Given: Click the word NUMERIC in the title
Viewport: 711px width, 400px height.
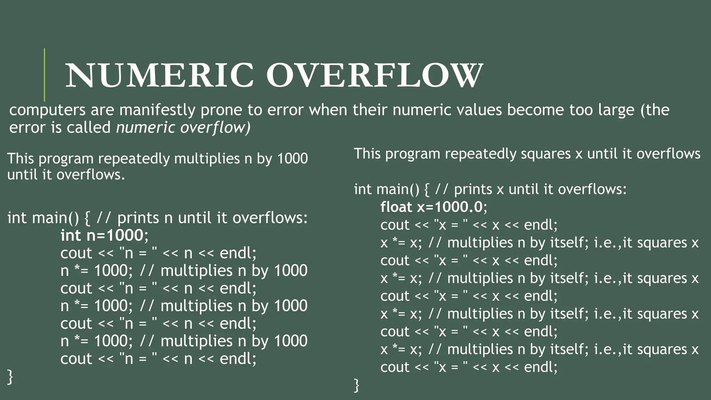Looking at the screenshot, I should coord(160,76).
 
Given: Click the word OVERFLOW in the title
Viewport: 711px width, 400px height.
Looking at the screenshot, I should coord(374,76).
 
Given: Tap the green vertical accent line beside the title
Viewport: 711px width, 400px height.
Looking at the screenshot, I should coord(44,75).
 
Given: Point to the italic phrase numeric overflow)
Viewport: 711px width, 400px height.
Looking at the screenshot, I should coord(183,127).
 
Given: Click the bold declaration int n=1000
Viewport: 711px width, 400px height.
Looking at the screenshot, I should coord(102,235).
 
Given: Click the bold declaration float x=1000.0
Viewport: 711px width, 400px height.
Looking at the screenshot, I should coord(432,207).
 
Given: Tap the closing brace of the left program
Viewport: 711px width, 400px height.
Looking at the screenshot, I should coord(10,377).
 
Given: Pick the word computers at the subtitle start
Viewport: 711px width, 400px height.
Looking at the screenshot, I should coord(47,110).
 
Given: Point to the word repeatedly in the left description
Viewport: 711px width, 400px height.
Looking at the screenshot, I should coord(134,159).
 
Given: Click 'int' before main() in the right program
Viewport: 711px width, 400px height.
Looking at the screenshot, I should coord(363,189).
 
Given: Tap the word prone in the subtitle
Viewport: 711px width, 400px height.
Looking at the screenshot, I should coord(221,110).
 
